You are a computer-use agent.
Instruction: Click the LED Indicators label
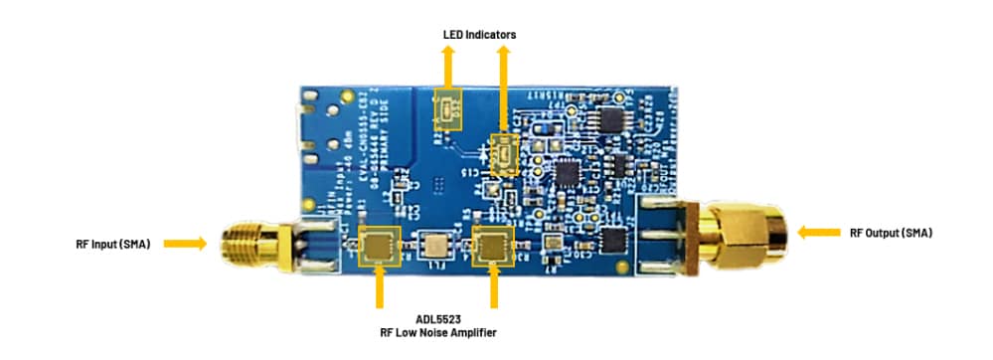point(479,35)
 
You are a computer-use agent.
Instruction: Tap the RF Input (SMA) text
point(112,243)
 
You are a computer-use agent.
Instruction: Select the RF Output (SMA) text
point(891,233)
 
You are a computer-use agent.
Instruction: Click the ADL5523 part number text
point(437,319)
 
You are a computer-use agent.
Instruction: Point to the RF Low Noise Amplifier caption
point(437,333)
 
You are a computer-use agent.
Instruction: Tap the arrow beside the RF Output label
point(818,233)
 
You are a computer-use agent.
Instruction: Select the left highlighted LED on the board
point(448,106)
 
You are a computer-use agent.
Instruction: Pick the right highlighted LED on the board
point(505,154)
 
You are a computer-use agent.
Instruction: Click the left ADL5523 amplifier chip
point(379,245)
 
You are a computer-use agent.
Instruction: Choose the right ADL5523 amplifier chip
point(492,245)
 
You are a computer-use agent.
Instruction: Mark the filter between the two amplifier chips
point(434,245)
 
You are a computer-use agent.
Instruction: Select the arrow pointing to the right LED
point(504,90)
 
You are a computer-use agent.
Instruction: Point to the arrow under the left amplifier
point(379,288)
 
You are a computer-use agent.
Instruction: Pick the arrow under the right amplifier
point(493,288)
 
